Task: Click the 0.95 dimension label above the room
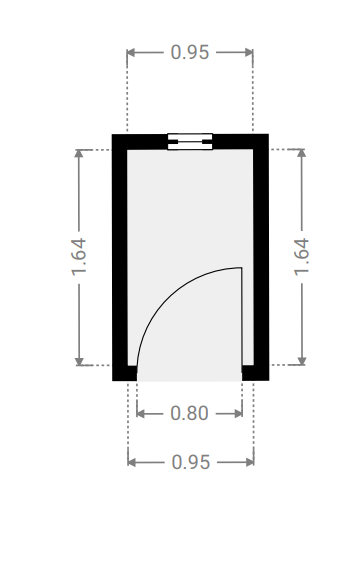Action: (x=190, y=52)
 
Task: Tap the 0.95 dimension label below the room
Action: (x=191, y=462)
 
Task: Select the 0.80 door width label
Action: (x=189, y=413)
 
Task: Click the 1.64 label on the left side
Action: (x=79, y=256)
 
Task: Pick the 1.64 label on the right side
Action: (x=301, y=256)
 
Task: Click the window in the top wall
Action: (x=190, y=141)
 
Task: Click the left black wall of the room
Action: (x=120, y=257)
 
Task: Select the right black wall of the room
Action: (x=261, y=257)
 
